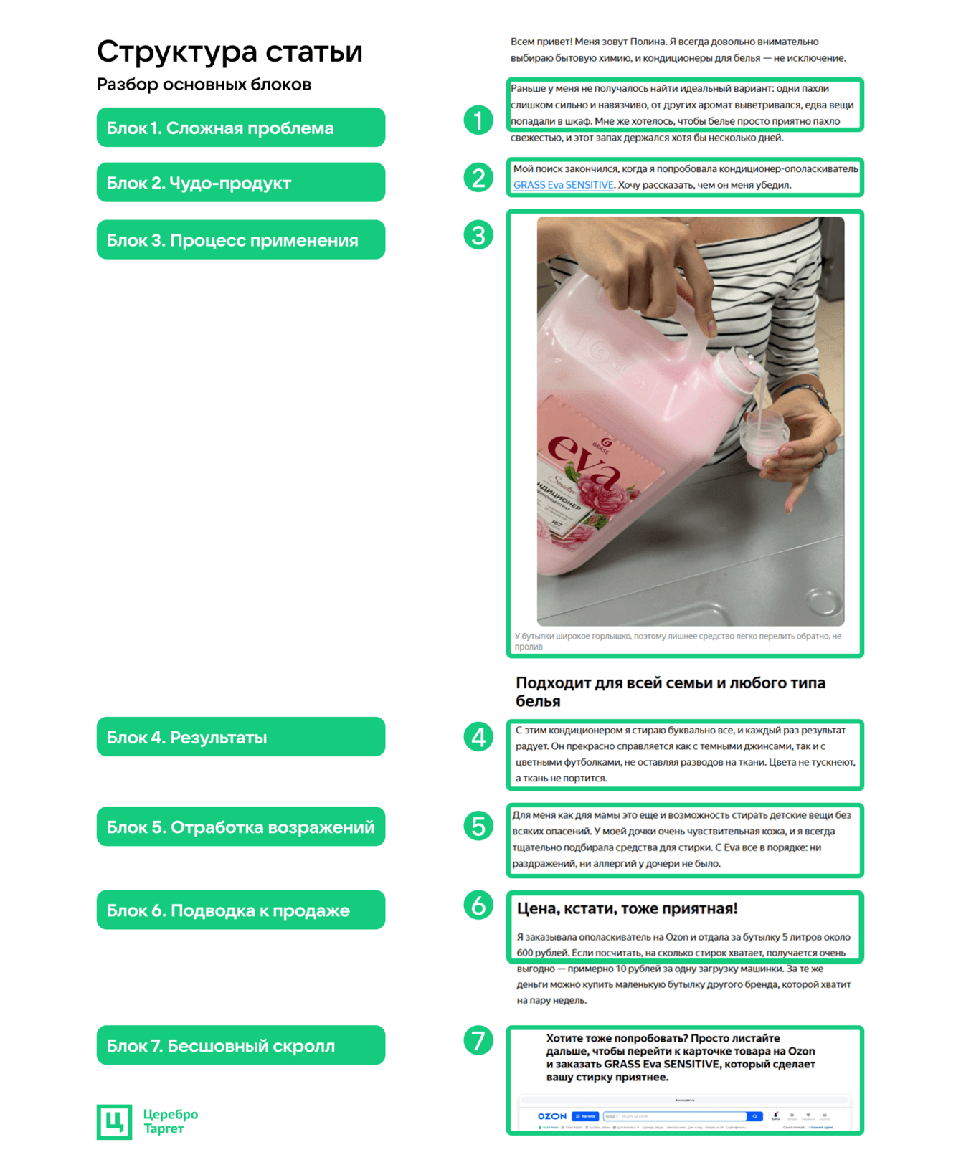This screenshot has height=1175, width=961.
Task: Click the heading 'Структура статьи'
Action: [229, 52]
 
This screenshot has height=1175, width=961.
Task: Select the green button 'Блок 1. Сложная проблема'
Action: [240, 128]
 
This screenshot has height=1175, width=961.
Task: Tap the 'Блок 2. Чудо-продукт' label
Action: [240, 183]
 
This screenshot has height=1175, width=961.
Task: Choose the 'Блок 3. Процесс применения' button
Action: [240, 240]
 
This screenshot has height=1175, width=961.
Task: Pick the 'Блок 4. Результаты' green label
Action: [240, 737]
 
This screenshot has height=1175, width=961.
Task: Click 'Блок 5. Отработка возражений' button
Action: [240, 827]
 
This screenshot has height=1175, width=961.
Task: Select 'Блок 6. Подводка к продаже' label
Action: [240, 910]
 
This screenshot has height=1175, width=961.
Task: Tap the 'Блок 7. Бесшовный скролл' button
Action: [240, 1045]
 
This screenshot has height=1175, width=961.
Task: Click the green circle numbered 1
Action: [478, 120]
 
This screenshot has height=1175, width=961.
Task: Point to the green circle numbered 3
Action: [478, 235]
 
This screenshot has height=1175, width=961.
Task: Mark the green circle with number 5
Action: [478, 826]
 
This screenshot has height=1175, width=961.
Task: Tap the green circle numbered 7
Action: [478, 1040]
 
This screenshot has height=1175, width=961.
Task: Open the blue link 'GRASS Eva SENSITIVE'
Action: [563, 185]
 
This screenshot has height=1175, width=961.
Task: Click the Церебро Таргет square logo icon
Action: [114, 1121]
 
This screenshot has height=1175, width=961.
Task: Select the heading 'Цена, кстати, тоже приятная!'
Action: [627, 908]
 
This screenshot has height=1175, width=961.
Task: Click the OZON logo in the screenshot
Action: [552, 1116]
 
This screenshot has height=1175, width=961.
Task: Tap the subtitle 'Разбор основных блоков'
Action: [204, 85]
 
